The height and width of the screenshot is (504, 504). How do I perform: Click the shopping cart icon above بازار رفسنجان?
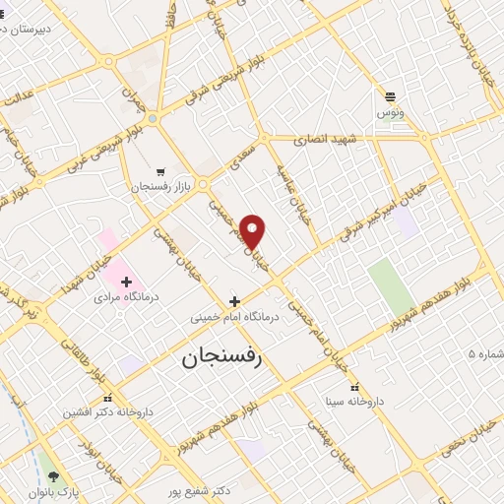tap(160, 170)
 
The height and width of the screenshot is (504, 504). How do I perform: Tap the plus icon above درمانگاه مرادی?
tap(126, 282)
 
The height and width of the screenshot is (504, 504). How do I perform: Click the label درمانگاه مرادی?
tap(126, 295)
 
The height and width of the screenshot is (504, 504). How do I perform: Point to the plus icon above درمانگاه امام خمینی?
tap(234, 301)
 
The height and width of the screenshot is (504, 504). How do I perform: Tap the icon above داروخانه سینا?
tap(354, 387)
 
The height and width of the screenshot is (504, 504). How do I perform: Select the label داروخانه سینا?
tap(354, 402)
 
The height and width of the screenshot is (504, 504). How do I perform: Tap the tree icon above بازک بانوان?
tap(53, 475)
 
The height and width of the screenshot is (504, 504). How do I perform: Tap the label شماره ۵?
tap(484, 352)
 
